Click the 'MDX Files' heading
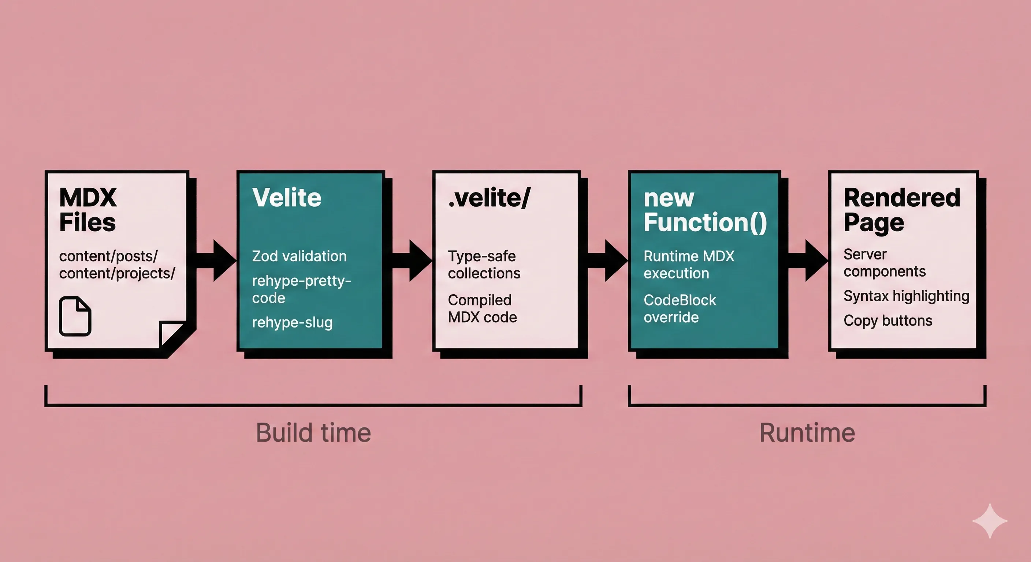(88, 210)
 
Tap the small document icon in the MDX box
(75, 316)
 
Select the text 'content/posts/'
(108, 256)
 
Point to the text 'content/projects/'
(117, 273)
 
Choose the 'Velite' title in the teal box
(287, 198)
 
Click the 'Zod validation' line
(299, 256)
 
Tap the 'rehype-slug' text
(292, 322)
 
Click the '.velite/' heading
(489, 198)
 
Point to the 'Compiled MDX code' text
(482, 308)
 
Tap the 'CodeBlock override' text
(680, 308)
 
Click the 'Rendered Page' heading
(901, 210)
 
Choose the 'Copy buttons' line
(888, 321)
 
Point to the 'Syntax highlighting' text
(906, 296)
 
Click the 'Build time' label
(313, 433)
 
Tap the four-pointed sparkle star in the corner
(990, 521)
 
